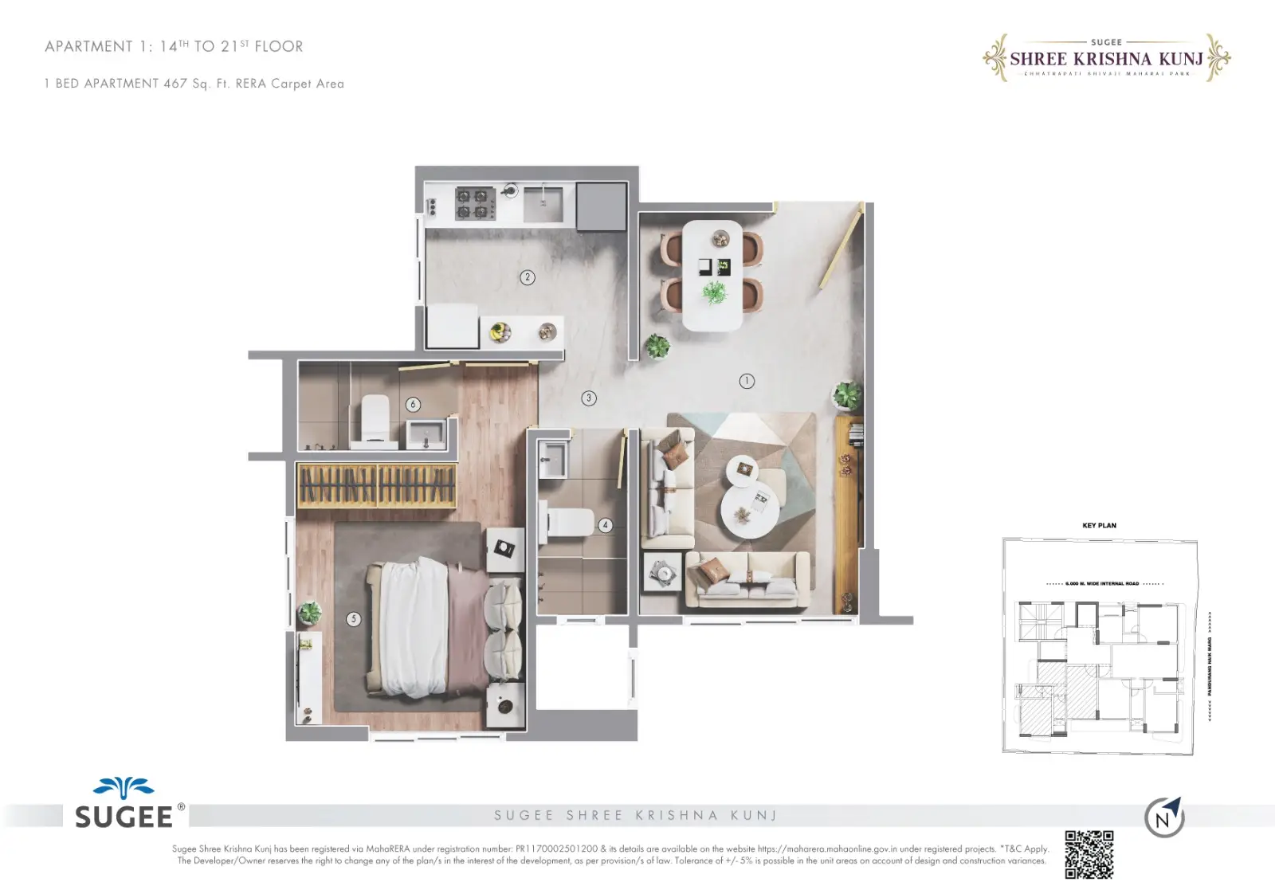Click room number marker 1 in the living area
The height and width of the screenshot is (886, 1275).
tap(747, 381)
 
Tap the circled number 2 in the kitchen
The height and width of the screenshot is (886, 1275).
tap(527, 277)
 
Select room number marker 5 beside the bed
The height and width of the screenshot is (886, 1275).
tap(354, 618)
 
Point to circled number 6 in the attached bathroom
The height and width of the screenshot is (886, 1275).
tap(413, 404)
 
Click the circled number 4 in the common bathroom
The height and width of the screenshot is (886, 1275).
tap(606, 525)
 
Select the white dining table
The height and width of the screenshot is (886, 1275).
tap(712, 275)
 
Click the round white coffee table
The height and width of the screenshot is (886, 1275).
tap(748, 511)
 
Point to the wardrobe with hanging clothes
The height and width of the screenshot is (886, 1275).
tap(376, 484)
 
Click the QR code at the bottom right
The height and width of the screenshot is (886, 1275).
tap(1089, 854)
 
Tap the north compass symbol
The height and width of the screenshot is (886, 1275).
tap(1164, 817)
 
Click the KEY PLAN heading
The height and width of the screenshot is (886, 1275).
tap(1099, 525)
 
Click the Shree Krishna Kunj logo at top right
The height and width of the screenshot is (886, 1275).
tap(1106, 58)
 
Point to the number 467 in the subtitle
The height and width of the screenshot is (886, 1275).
tap(175, 84)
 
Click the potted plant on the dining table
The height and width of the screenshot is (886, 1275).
tap(714, 292)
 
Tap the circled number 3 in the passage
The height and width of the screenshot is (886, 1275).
tap(589, 398)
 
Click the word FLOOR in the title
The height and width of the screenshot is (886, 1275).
tap(278, 47)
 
